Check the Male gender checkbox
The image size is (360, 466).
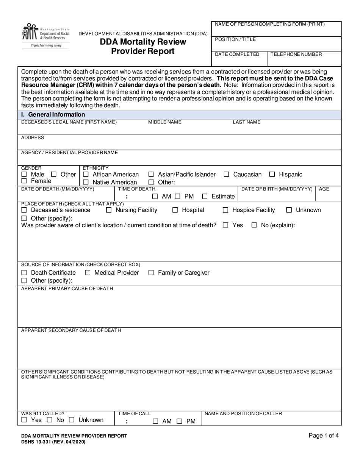point(24,175)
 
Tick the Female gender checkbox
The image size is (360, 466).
point(24,181)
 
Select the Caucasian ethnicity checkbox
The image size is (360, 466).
point(227,175)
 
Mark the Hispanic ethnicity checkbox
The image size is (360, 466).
point(272,175)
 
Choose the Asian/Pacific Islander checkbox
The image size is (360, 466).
point(151,175)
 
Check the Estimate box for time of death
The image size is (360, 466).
point(205,197)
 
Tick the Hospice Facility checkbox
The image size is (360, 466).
point(225,210)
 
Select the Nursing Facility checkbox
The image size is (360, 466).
point(109,210)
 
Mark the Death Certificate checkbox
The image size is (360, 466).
point(24,273)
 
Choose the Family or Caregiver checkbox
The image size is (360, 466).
point(151,273)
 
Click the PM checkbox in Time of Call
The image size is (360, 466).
point(180,421)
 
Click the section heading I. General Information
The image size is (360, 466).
point(53,114)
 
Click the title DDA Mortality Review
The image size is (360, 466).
point(143,42)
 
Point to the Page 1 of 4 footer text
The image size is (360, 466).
point(324,436)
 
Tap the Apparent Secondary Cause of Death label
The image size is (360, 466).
point(71,330)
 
